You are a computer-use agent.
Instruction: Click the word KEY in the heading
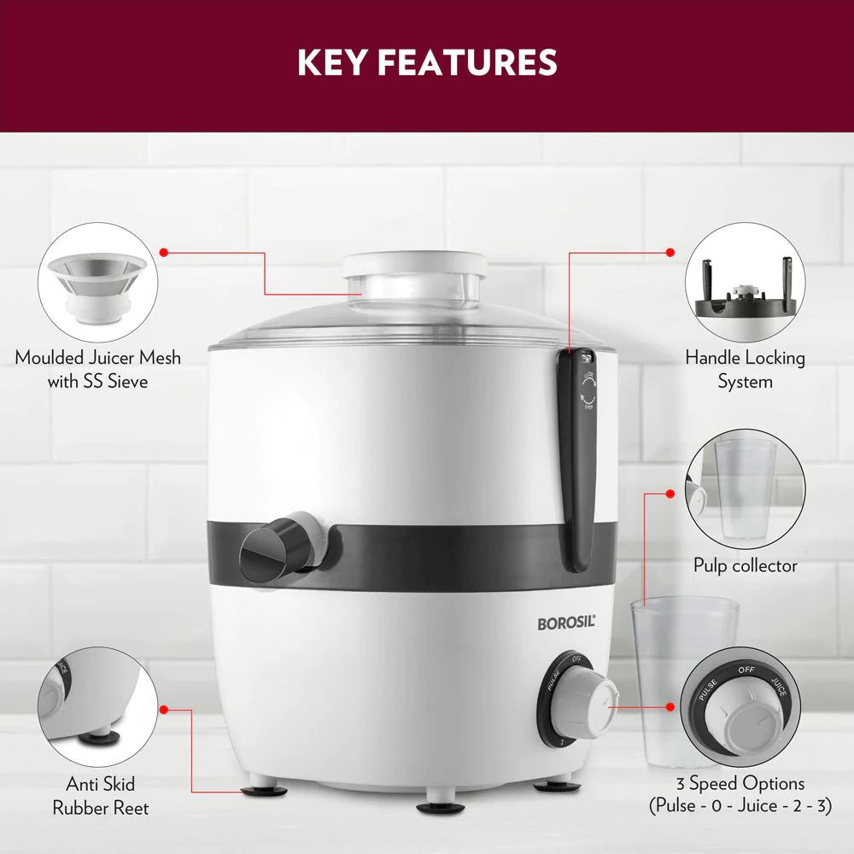331,62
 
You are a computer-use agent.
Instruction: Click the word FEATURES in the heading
467,62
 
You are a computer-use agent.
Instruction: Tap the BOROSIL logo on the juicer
566,623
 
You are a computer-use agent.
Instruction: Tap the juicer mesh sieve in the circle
97,286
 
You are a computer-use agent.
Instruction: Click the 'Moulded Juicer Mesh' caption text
98,357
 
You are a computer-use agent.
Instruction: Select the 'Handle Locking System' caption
745,369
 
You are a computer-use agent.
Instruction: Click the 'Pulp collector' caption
745,565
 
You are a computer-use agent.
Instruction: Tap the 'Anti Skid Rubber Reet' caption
100,796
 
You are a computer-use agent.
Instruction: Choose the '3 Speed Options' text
740,783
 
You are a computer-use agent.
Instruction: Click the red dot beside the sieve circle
163,252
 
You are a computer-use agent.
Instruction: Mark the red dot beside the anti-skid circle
163,709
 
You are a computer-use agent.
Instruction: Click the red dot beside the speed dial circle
670,707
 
